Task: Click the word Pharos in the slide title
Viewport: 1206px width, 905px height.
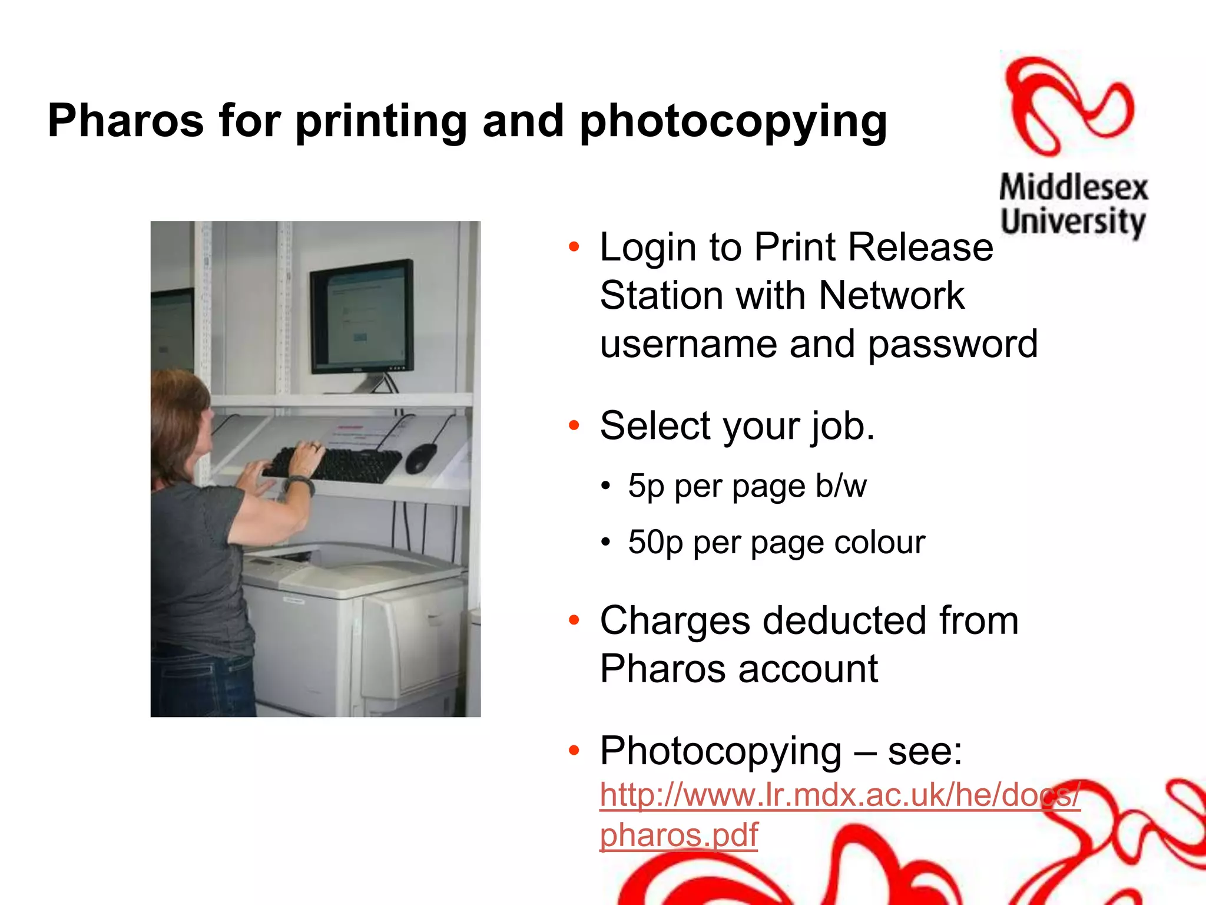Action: (125, 121)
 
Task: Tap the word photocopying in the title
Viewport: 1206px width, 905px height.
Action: (733, 122)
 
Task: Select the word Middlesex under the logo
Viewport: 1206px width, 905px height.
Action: (1074, 187)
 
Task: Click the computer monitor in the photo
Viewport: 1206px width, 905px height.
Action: (362, 317)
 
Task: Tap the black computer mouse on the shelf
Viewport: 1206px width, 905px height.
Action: (420, 457)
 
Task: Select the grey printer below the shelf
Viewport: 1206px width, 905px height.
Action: (353, 625)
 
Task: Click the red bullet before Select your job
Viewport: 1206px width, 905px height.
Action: (574, 425)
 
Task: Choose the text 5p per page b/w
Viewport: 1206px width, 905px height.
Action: (747, 486)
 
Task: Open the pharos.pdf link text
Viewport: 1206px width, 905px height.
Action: (678, 835)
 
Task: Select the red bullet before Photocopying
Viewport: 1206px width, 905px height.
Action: (574, 751)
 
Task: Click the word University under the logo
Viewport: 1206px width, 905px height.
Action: (1072, 222)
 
